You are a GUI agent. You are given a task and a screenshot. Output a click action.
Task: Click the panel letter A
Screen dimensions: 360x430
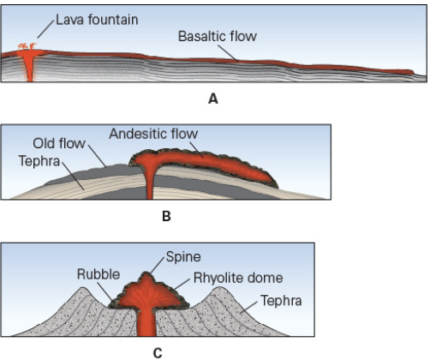(x=213, y=99)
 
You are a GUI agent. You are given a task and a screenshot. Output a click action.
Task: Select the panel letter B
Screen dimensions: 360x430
(x=166, y=217)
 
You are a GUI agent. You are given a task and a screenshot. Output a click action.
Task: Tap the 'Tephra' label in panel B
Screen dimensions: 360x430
(x=37, y=159)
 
